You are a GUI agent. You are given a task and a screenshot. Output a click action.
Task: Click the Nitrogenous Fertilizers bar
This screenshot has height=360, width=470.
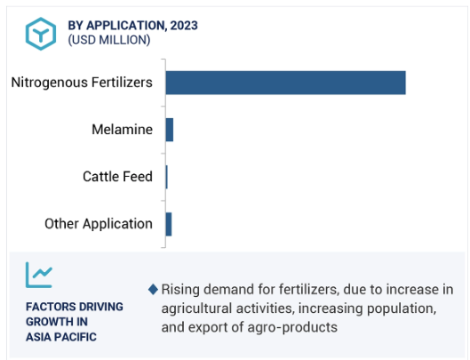point(286,83)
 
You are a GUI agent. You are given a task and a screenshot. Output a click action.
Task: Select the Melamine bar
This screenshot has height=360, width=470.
point(170,130)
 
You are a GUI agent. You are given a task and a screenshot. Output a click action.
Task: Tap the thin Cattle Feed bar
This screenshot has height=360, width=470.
point(167,177)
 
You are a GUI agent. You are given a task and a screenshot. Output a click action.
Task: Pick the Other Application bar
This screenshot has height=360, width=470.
point(169,224)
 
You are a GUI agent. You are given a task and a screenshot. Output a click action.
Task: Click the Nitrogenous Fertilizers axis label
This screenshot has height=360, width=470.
point(82,82)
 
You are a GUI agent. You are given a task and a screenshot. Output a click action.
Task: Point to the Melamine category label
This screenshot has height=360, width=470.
point(122,130)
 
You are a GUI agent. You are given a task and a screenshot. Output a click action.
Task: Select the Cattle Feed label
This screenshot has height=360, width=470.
point(117,176)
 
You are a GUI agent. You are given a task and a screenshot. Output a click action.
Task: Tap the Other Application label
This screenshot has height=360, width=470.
point(99,224)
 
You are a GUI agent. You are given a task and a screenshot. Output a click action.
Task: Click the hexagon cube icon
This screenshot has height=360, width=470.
point(41,34)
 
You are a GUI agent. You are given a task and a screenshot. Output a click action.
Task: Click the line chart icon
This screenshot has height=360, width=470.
point(39,275)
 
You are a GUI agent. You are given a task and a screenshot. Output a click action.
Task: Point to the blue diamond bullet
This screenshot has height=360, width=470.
point(153,290)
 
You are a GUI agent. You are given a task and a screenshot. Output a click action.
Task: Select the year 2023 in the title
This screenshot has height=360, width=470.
point(184,26)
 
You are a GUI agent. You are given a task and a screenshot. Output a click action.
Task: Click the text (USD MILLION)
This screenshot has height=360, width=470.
point(109,40)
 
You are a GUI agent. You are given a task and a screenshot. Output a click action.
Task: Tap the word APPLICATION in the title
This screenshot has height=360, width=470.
point(126,26)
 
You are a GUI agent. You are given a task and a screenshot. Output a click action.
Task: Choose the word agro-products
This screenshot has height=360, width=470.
point(292,327)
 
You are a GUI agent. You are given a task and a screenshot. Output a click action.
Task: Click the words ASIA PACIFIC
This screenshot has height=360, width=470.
point(61,337)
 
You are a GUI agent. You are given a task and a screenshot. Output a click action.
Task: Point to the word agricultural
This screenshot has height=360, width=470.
point(196,308)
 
